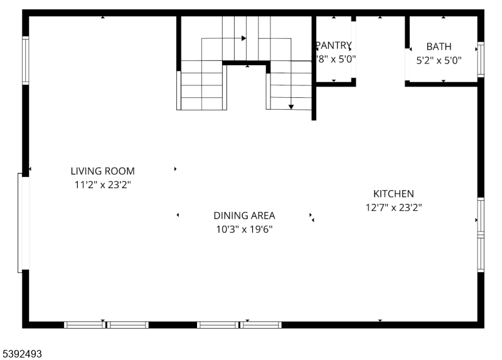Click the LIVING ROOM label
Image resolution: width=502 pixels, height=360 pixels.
pyautogui.click(x=102, y=171)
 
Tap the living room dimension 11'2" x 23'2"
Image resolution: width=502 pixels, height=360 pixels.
pyautogui.click(x=102, y=184)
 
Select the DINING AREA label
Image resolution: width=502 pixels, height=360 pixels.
pyautogui.click(x=244, y=215)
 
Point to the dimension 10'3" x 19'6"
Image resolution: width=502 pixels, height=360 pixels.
pyautogui.click(x=244, y=230)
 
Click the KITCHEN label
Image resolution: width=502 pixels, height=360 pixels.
pyautogui.click(x=393, y=194)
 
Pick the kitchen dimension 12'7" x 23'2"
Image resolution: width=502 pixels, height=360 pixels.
pyautogui.click(x=393, y=208)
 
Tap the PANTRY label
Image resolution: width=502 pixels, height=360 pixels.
pyautogui.click(x=334, y=45)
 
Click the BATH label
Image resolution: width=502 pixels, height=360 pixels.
pyautogui.click(x=439, y=46)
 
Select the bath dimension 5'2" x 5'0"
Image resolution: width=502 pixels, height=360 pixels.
pyautogui.click(x=439, y=61)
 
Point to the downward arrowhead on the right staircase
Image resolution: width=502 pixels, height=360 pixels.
pyautogui.click(x=291, y=107)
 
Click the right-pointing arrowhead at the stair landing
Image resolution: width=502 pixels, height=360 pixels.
pyautogui.click(x=243, y=38)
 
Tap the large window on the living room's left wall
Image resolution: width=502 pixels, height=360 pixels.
pyautogui.click(x=23, y=223)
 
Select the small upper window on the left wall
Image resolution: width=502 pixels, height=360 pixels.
pyautogui.click(x=26, y=60)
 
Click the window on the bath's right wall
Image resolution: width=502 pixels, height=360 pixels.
pyautogui.click(x=481, y=59)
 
